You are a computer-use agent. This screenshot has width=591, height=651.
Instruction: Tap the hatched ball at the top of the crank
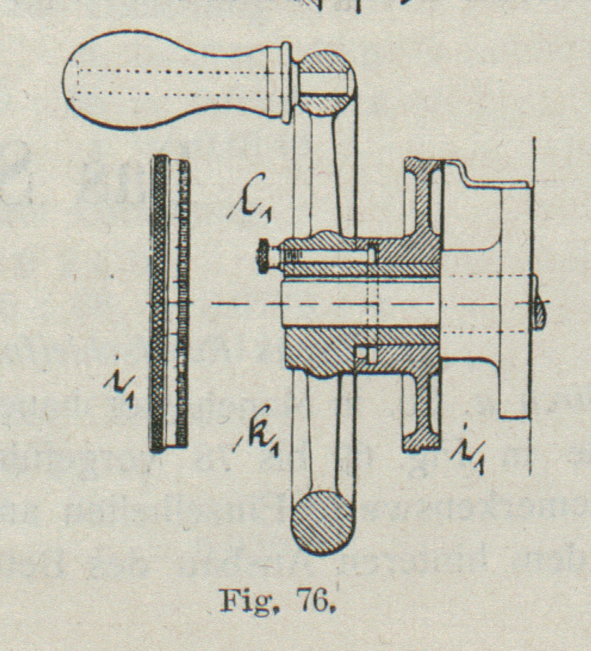(x=327, y=82)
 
